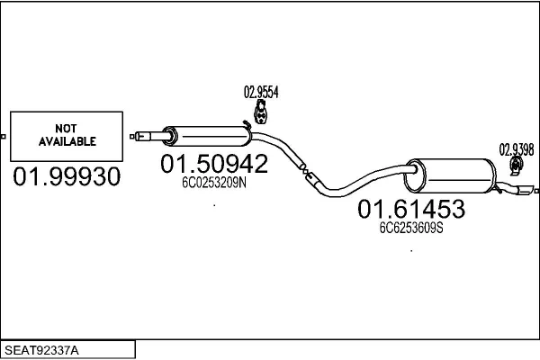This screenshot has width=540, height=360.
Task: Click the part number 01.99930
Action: tap(67, 176)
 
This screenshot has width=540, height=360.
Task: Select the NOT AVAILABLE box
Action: tap(67, 136)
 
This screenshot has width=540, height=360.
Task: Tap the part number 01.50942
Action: tap(214, 164)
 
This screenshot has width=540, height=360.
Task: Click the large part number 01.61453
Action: tap(411, 210)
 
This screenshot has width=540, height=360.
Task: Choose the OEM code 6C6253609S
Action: tap(411, 228)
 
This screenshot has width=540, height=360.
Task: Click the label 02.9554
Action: tap(261, 92)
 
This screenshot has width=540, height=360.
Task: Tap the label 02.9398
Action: tap(517, 148)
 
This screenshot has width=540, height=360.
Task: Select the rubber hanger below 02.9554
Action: tap(261, 112)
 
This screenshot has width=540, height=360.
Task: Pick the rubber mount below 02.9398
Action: tap(517, 166)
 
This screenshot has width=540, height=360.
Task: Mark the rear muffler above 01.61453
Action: tap(451, 173)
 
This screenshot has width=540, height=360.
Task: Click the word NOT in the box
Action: tap(67, 129)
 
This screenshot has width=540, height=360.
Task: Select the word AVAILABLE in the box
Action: tap(67, 142)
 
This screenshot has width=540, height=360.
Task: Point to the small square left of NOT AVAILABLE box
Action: tap(4, 137)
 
